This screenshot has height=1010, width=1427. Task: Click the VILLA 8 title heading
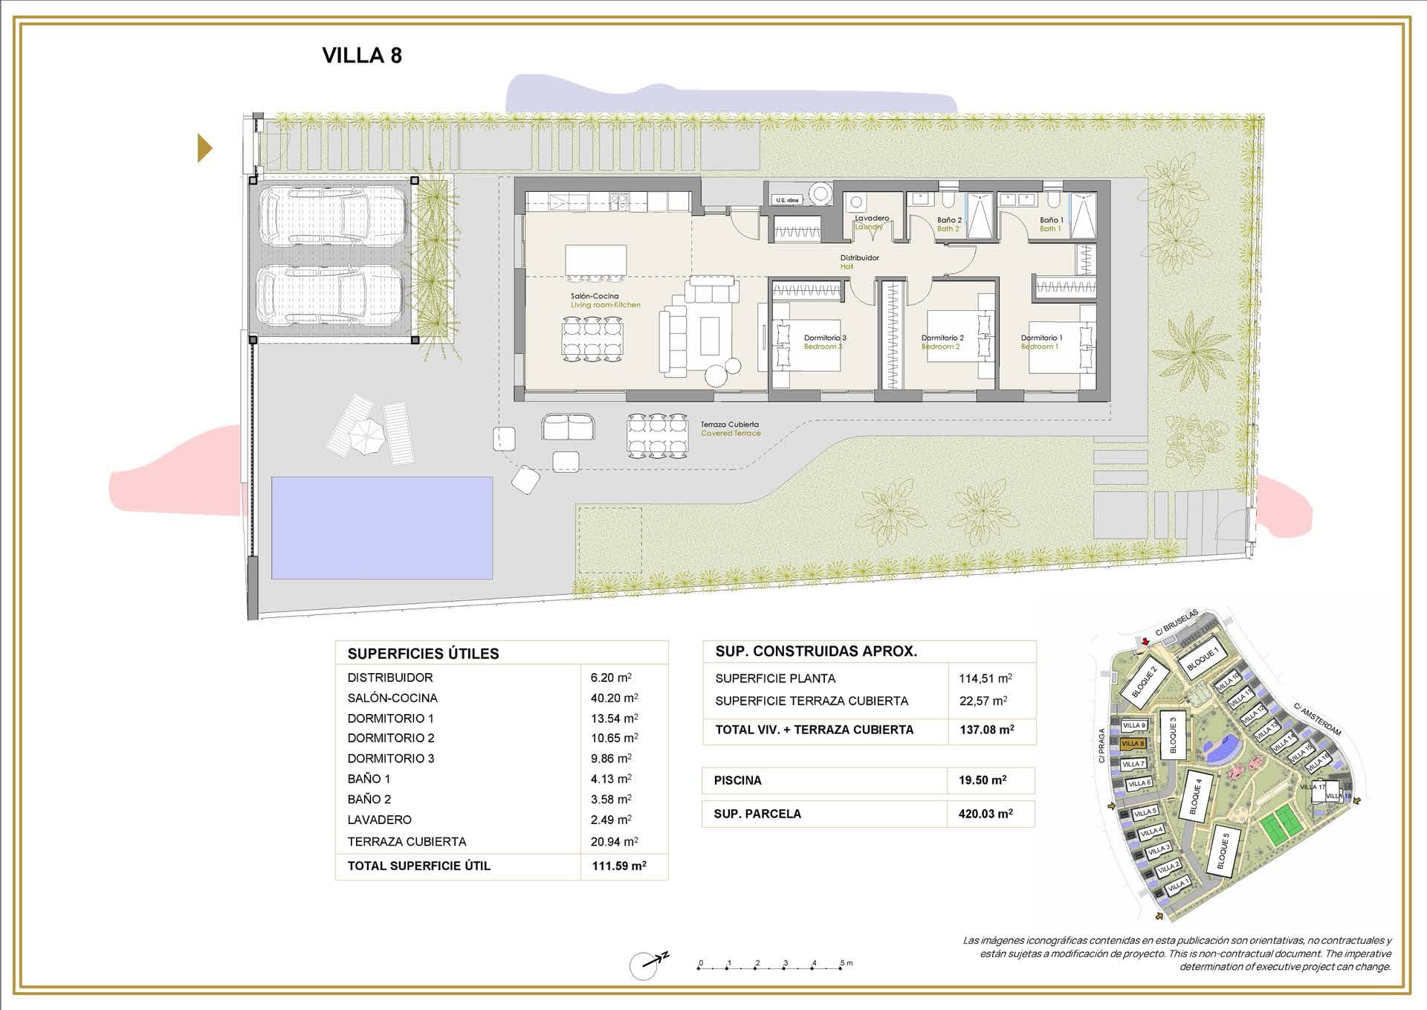[x=362, y=56]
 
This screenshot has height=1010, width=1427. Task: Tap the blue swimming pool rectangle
[x=381, y=527]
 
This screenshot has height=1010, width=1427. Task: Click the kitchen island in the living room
[x=595, y=260]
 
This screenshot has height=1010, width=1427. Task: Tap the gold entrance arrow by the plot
[x=204, y=148]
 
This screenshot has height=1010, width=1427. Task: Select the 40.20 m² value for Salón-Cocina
[x=614, y=698]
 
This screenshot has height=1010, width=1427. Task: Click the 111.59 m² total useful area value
[x=619, y=866]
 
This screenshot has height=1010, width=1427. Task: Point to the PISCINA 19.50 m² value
[x=983, y=780]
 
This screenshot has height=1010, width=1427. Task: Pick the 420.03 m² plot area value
[x=986, y=814]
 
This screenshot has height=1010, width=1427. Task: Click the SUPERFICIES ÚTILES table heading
[x=423, y=654]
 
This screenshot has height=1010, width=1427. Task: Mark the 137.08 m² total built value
[x=986, y=730]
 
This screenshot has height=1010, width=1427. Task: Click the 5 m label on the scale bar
[x=846, y=963]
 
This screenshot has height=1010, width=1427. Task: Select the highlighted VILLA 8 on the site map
[x=1133, y=744]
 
